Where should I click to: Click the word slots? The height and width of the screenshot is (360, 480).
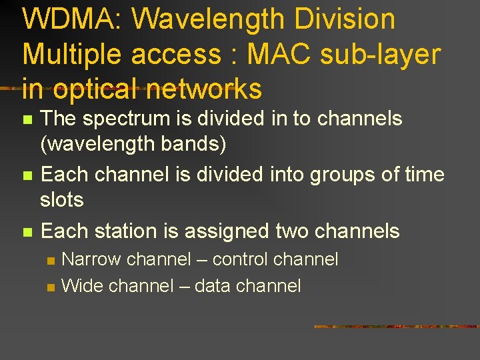61,199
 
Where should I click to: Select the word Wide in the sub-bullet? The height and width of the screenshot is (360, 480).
82,286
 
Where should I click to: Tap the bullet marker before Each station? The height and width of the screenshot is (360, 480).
27,233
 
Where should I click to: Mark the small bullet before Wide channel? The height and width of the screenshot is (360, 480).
50,287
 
